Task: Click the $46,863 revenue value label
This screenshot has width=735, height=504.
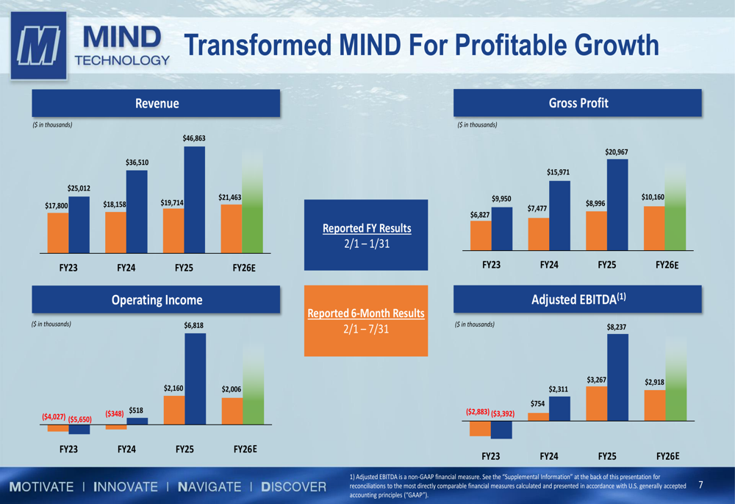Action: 195,138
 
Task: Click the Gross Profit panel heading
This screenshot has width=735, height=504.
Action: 578,103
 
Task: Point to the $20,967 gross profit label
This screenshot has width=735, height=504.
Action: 617,152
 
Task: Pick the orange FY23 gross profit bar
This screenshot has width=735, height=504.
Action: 481,235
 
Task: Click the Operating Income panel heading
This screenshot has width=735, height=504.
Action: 156,299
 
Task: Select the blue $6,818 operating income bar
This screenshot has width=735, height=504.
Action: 196,378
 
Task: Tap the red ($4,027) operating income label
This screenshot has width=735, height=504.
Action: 54,417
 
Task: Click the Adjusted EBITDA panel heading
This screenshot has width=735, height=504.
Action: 578,299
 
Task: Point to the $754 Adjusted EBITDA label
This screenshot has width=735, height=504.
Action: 539,403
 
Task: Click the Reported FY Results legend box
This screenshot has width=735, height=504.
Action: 366,235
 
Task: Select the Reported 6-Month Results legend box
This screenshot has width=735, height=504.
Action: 366,320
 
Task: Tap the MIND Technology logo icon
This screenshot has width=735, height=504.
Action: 38,46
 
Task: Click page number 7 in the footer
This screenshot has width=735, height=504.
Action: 700,485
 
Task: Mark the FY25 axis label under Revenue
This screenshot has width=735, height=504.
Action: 184,269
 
